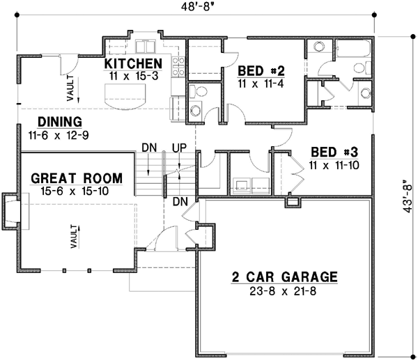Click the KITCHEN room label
coord(137,64)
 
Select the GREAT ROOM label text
coord(77,178)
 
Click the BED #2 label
coord(261,70)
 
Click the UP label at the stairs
coord(178,148)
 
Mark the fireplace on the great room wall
coord(13,212)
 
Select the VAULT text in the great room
coord(75,235)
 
